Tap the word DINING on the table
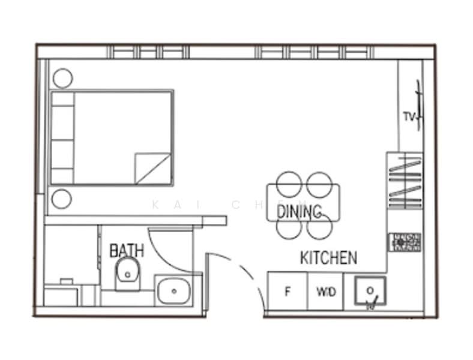[300, 211]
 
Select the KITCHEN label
[328, 258]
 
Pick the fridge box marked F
[288, 292]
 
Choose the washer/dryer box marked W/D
[326, 292]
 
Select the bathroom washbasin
[174, 291]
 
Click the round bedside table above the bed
[62, 78]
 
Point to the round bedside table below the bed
[61, 199]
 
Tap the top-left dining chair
[289, 182]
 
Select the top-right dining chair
[319, 182]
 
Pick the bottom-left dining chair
[289, 227]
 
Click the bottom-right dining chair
[319, 227]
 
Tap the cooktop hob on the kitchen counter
[405, 242]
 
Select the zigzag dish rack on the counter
[405, 180]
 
